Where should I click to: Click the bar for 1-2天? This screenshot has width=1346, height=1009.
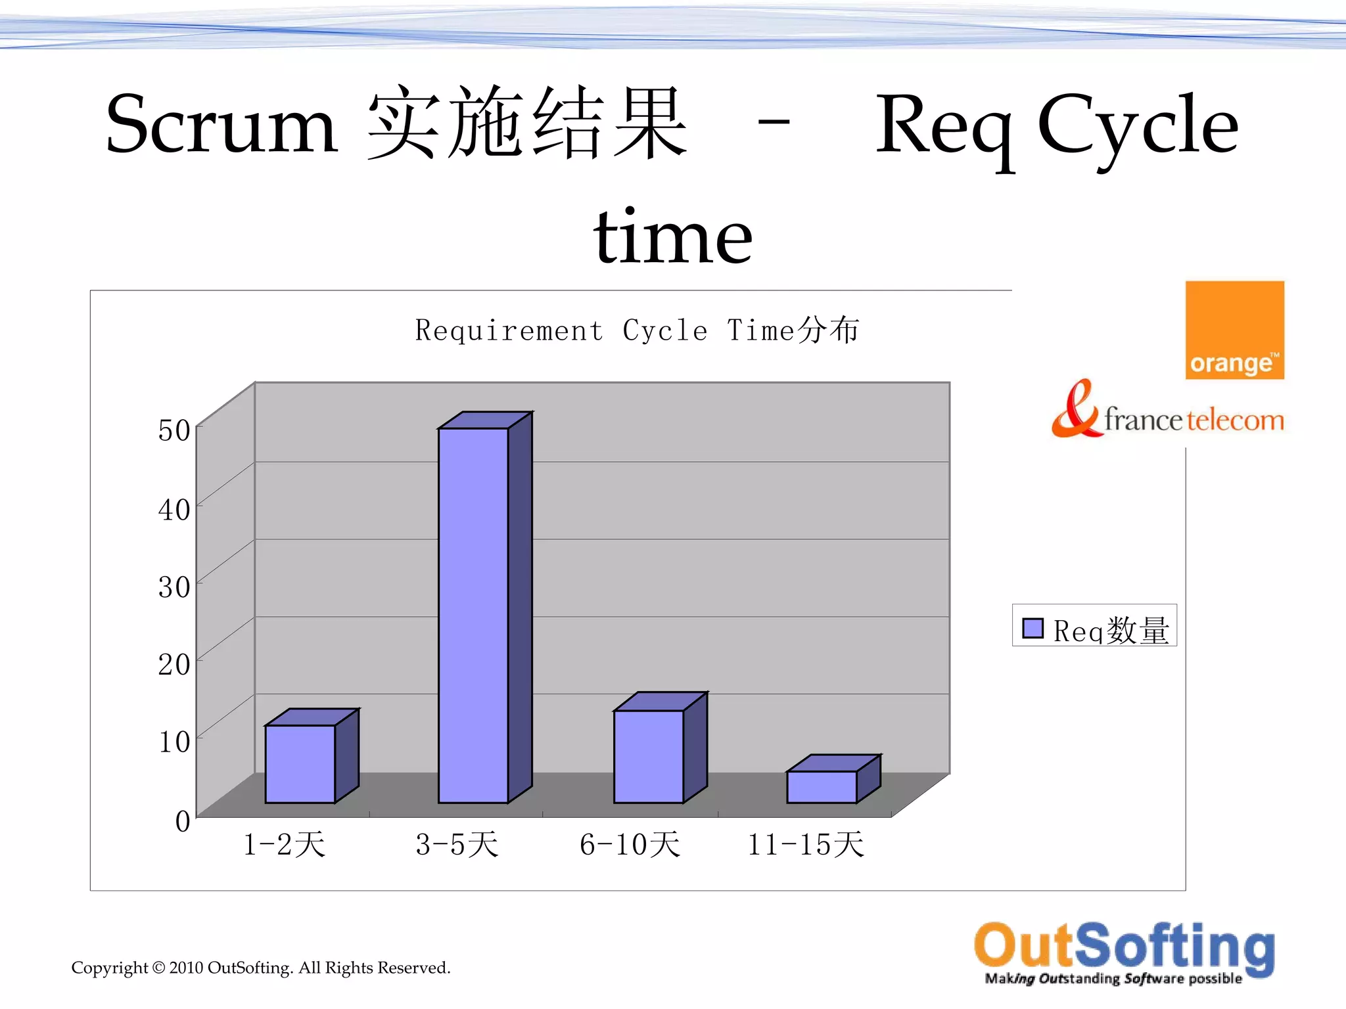click(300, 763)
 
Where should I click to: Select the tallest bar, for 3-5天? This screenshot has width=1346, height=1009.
click(473, 615)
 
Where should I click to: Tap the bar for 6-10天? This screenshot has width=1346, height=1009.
click(649, 756)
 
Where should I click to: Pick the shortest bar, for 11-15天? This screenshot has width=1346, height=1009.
click(822, 786)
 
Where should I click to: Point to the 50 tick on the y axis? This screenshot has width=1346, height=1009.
click(174, 431)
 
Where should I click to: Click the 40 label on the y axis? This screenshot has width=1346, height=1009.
click(174, 510)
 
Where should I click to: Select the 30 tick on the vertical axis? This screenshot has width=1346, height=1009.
click(174, 587)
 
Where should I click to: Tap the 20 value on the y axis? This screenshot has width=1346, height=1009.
click(174, 664)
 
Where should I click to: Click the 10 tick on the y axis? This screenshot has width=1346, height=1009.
click(174, 742)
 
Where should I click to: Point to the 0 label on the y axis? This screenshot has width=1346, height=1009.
click(183, 821)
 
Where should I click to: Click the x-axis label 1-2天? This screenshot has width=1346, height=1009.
click(284, 845)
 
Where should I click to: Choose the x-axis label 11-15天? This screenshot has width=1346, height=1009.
click(806, 845)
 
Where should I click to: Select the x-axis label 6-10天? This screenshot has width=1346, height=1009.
click(630, 845)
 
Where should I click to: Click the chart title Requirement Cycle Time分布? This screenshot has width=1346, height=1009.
click(637, 330)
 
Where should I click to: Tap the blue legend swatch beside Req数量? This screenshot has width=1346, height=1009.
click(1033, 629)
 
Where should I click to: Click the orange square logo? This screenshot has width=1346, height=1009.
click(1234, 330)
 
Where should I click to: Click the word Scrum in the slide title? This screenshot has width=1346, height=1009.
click(221, 125)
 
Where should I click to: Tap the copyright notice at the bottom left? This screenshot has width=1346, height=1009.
click(261, 968)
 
